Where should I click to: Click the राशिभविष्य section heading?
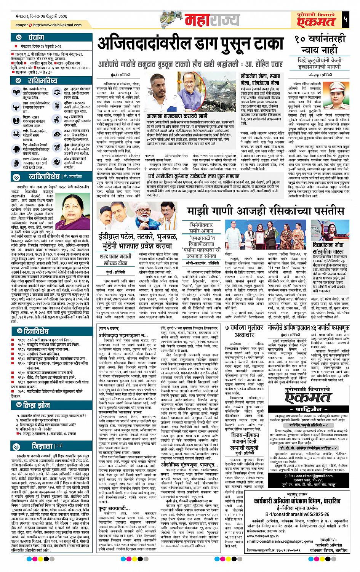pos(42,81)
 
